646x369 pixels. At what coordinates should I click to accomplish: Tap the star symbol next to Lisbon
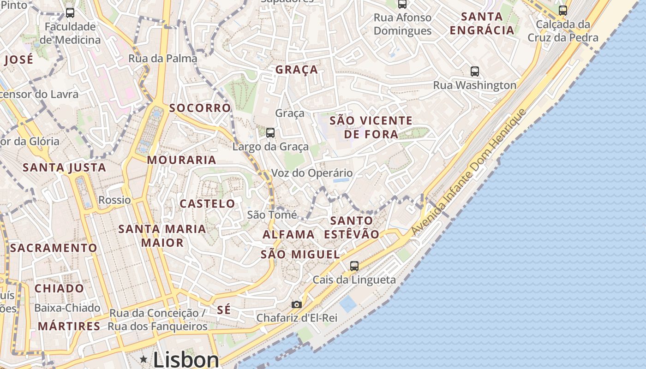[144, 359]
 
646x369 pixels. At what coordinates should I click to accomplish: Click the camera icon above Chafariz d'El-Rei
[296, 304]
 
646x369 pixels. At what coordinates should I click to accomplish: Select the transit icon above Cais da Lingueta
[354, 266]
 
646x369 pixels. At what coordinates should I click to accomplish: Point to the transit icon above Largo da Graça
[270, 133]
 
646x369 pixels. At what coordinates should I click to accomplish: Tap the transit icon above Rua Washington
[474, 71]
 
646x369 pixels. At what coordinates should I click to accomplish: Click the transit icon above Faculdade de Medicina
[70, 13]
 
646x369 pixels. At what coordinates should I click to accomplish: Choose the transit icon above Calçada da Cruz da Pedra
[562, 11]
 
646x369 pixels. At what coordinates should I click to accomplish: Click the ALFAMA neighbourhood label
[288, 234]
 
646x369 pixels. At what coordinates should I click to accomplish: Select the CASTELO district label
[207, 203]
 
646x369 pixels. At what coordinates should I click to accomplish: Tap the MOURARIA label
[181, 160]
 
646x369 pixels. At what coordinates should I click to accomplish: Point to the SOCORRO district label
[200, 108]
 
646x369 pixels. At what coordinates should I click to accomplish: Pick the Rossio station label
[114, 200]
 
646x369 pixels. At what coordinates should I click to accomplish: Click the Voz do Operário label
[312, 173]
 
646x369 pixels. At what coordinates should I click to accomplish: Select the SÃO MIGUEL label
[300, 254]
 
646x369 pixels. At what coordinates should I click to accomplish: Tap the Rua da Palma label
[162, 59]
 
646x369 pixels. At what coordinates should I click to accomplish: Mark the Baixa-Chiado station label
[67, 308]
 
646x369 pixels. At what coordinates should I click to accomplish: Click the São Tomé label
[269, 214]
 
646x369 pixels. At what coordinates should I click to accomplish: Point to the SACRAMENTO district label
[54, 248]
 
